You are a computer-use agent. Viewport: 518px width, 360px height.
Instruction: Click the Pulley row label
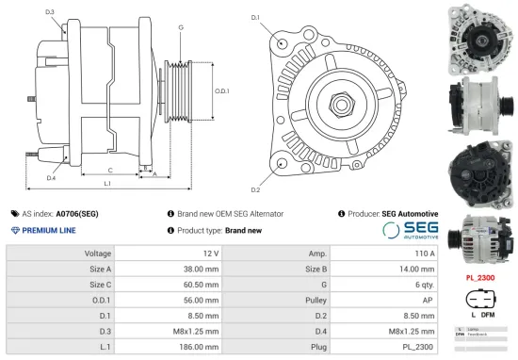pos(316,301)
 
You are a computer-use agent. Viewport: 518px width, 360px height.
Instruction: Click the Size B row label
pos(316,270)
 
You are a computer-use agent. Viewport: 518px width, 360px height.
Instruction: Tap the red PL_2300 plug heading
pos(480,279)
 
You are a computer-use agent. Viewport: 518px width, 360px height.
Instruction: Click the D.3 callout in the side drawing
pos(49,12)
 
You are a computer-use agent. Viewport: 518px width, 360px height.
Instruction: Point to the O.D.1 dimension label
pos(222,90)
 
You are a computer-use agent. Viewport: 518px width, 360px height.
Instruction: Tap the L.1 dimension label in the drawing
pos(107,183)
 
